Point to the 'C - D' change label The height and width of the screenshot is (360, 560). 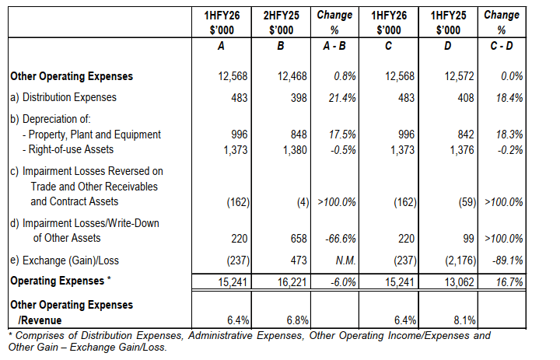pyautogui.click(x=502, y=46)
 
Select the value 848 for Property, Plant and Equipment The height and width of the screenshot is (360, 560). pyautogui.click(x=298, y=134)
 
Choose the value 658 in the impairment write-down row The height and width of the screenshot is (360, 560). pyautogui.click(x=298, y=239)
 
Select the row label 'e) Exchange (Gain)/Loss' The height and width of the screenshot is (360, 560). pyautogui.click(x=66, y=259)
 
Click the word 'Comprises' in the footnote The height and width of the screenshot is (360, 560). pyautogui.click(x=37, y=336)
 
